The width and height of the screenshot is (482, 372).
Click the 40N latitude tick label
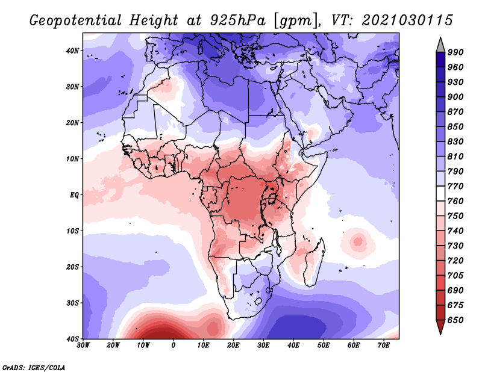[x=72, y=51]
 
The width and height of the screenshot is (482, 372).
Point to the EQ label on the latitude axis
[x=74, y=195]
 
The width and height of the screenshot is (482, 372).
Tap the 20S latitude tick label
[x=72, y=267]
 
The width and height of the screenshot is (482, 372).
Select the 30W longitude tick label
[x=83, y=346]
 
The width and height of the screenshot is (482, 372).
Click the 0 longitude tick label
[x=174, y=346]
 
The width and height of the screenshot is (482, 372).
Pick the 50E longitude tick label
[x=324, y=346]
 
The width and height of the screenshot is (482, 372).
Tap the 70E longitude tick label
[x=384, y=346]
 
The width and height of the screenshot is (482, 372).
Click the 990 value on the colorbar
[x=455, y=52]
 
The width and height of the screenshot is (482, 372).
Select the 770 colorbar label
[x=455, y=186]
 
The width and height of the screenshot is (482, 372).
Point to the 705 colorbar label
[x=455, y=275]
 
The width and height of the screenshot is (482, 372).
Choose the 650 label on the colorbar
[x=455, y=320]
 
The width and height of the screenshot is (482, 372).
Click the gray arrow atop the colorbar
[x=440, y=45]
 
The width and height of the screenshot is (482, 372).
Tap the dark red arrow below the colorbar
[x=440, y=327]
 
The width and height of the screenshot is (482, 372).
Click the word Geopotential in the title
[x=76, y=21]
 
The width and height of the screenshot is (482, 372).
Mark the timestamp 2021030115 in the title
[x=407, y=20]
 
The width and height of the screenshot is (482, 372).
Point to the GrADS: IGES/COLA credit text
[x=34, y=367]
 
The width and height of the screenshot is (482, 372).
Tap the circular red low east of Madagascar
[x=358, y=241]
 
